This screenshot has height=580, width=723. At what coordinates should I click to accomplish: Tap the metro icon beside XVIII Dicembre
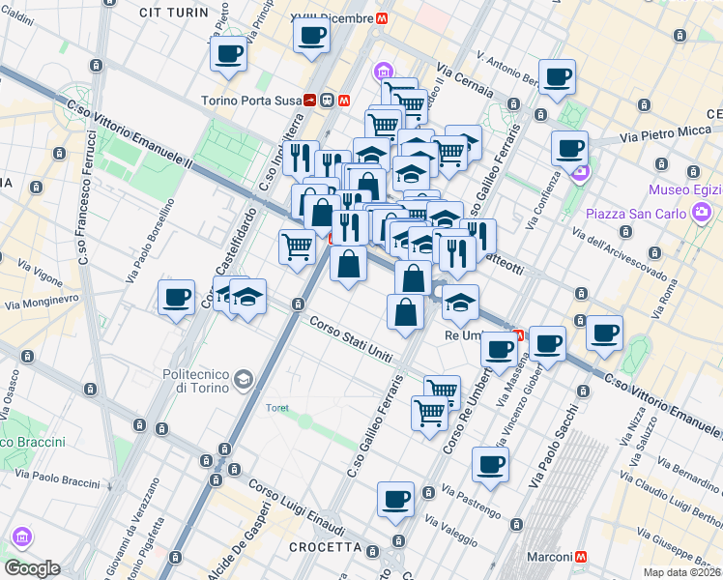pyautogui.click(x=384, y=17)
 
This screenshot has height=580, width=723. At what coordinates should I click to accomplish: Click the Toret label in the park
pyautogui.click(x=278, y=408)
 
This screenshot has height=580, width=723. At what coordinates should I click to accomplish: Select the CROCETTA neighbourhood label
pyautogui.click(x=325, y=548)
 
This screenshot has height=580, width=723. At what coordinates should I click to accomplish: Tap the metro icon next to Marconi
pyautogui.click(x=582, y=557)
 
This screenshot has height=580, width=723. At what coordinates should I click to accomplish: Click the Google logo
pyautogui.click(x=32, y=568)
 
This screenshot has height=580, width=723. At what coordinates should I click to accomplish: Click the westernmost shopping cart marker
pyautogui.click(x=297, y=246)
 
